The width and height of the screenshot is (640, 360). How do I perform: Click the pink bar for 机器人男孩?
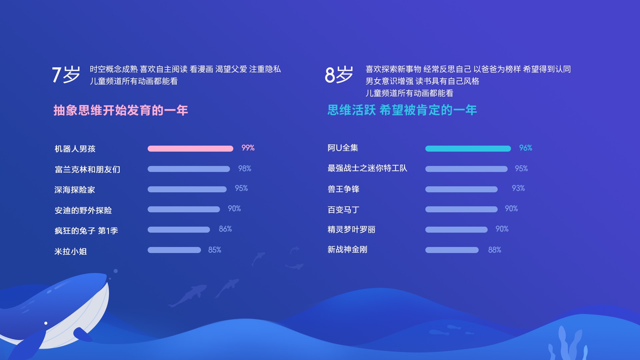click(x=190, y=149)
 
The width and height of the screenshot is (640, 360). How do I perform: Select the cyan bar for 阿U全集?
click(x=468, y=149)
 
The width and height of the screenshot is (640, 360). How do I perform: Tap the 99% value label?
click(x=248, y=148)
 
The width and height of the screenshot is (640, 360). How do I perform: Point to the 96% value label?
click(x=526, y=148)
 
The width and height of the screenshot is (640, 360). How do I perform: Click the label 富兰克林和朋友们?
click(x=87, y=169)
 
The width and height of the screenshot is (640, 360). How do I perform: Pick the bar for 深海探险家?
click(x=187, y=189)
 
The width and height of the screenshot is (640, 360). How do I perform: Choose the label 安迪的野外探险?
click(x=83, y=210)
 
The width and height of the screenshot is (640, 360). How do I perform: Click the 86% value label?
click(x=225, y=229)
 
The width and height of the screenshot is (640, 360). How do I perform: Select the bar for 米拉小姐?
click(x=174, y=250)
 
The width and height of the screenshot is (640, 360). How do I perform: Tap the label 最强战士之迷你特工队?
click(x=367, y=168)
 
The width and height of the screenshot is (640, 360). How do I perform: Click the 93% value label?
click(x=518, y=188)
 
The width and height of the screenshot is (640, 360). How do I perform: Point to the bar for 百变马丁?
click(x=461, y=209)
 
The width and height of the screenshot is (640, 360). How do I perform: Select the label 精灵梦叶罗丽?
click(x=351, y=229)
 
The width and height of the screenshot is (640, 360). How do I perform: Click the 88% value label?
click(x=495, y=250)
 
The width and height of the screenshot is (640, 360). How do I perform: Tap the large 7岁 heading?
click(x=66, y=74)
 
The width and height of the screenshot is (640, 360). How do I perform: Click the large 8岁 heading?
click(x=339, y=74)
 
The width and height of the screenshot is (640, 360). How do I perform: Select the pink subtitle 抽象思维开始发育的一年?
click(x=121, y=110)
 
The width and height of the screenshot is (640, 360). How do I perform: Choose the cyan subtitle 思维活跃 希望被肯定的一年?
click(x=402, y=110)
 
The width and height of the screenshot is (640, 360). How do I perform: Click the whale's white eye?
click(x=46, y=323)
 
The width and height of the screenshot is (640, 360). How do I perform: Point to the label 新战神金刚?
click(x=347, y=249)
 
